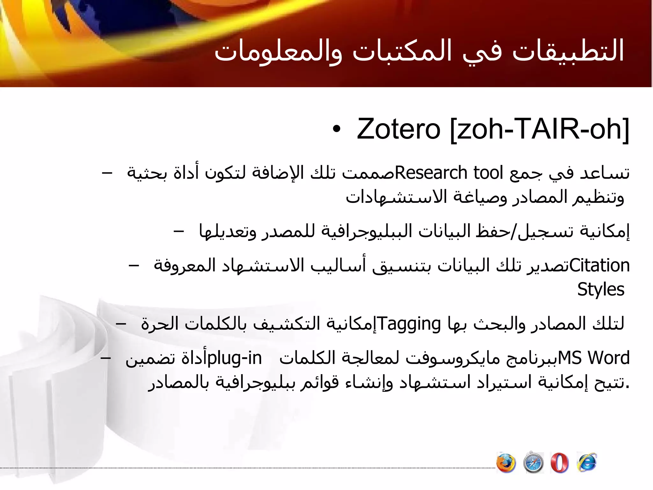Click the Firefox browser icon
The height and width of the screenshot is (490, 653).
click(506, 463)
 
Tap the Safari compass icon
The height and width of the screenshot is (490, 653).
click(533, 463)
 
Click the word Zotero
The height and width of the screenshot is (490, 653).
click(399, 129)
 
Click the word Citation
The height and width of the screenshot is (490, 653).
click(599, 265)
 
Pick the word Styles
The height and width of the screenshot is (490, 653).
click(601, 289)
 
